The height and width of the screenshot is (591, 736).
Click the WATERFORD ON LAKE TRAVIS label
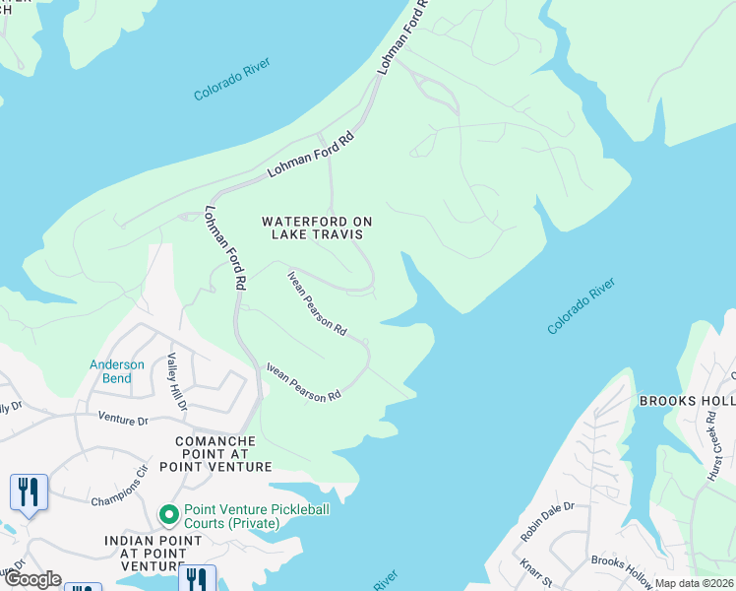[312, 228]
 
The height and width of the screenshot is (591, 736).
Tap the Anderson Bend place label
[117, 371]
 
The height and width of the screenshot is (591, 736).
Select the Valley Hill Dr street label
[176, 373]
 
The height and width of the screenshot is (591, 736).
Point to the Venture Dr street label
[122, 420]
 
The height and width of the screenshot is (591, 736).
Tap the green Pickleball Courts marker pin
[168, 514]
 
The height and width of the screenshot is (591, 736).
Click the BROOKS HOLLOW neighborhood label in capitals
[687, 401]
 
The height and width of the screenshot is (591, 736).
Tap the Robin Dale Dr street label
[548, 521]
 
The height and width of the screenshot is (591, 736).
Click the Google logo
[31, 579]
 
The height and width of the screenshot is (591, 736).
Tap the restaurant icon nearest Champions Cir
[29, 492]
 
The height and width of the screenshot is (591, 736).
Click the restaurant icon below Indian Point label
[199, 579]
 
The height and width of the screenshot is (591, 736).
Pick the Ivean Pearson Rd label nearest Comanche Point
[303, 381]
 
